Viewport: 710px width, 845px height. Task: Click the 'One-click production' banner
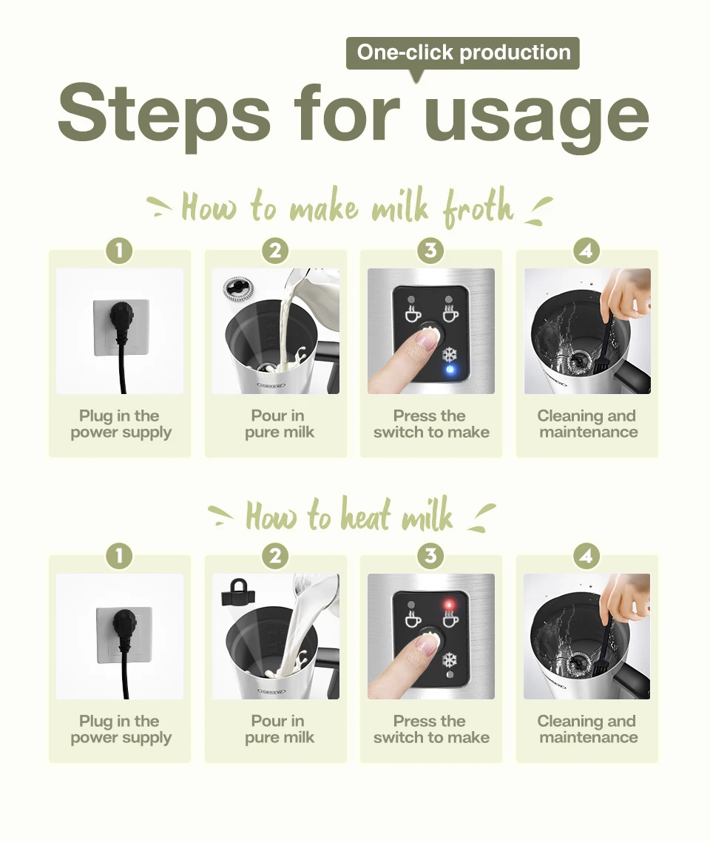[462, 53]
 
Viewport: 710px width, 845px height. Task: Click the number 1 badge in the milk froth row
[119, 251]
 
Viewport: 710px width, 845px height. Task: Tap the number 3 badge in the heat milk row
[430, 556]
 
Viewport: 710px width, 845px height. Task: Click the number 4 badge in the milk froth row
[586, 251]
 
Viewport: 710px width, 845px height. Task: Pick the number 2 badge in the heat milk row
[275, 556]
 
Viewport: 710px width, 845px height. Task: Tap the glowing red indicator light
[448, 604]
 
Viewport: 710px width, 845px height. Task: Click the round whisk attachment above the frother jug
[237, 289]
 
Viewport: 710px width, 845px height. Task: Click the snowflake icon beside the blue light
[450, 355]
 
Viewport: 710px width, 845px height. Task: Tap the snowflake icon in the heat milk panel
[450, 659]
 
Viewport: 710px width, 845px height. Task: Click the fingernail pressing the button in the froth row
[428, 339]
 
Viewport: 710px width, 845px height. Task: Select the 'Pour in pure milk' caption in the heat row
[279, 729]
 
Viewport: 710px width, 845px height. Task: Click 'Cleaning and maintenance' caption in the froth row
[588, 424]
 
